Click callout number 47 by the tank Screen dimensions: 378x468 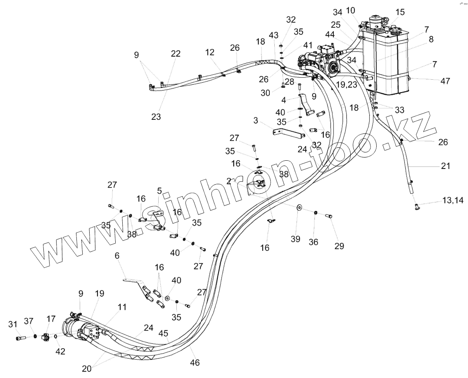point(444,81)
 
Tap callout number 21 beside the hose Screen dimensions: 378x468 point(446,166)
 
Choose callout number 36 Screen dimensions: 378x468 point(314,242)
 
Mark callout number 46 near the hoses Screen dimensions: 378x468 point(195,362)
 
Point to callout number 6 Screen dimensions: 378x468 point(117,256)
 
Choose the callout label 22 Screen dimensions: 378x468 point(176,54)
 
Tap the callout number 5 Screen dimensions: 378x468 point(159,191)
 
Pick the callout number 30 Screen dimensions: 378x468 point(265,93)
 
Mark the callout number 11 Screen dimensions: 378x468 point(121,307)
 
